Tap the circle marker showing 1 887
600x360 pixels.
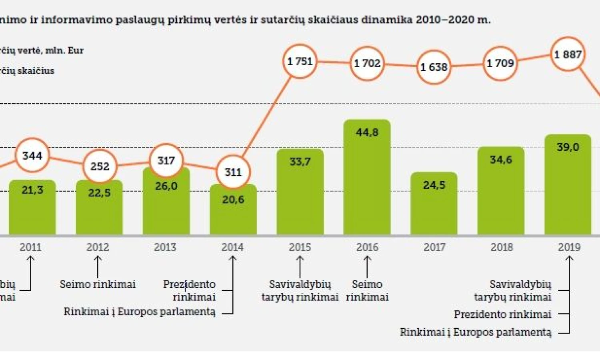click(x=568, y=54)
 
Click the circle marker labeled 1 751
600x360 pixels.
click(x=300, y=61)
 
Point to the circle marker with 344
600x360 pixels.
click(x=32, y=155)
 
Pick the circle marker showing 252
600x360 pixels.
click(x=100, y=166)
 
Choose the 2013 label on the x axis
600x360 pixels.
click(x=165, y=247)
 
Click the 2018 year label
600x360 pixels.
click(x=502, y=247)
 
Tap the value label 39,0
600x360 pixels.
click(x=568, y=147)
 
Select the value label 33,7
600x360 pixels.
click(x=300, y=162)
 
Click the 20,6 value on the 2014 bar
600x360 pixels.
click(x=233, y=199)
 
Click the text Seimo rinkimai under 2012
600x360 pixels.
click(x=98, y=284)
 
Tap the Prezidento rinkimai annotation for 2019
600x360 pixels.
click(x=502, y=314)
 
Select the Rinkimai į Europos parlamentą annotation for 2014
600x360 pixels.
click(x=140, y=312)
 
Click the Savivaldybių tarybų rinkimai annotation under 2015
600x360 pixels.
click(x=300, y=291)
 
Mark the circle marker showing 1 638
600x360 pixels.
click(x=434, y=67)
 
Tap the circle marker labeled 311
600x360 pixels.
click(x=233, y=172)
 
